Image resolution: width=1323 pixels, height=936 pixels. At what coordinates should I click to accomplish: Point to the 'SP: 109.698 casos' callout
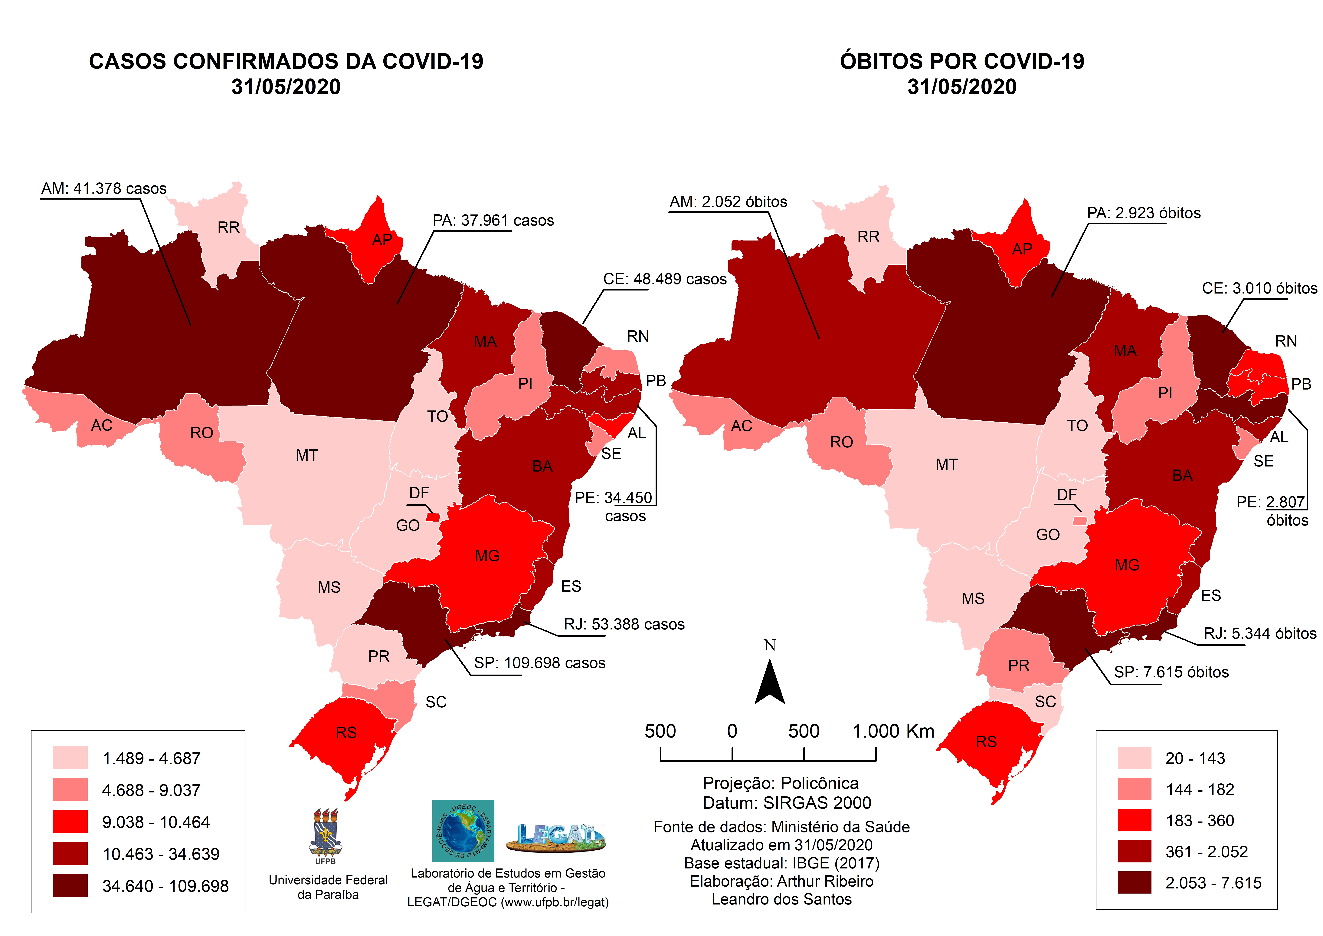(x=539, y=663)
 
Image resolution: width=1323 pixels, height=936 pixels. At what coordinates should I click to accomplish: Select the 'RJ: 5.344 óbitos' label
(x=1260, y=634)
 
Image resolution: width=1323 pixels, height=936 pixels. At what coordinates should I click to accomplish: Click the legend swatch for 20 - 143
(x=1134, y=758)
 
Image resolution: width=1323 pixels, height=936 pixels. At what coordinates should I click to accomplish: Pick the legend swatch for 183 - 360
(x=1134, y=820)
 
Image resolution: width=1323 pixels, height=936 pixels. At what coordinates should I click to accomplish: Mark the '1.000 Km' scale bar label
(x=893, y=731)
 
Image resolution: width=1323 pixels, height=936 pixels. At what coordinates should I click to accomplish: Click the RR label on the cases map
(x=228, y=228)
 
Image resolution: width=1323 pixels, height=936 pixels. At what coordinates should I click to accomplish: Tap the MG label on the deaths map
(x=1127, y=565)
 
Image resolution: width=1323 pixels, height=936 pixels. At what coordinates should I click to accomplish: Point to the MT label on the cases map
(x=306, y=456)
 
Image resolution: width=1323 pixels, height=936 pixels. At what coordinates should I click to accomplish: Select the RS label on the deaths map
(x=986, y=742)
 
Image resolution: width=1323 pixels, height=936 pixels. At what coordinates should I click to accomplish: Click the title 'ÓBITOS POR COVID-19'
(x=962, y=61)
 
